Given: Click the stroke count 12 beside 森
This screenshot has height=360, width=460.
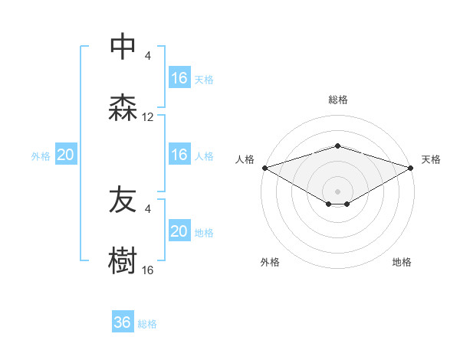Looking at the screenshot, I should [x=148, y=117].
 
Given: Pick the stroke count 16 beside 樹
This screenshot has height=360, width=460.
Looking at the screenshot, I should [x=148, y=270].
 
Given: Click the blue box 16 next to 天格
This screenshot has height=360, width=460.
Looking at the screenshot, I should [x=179, y=78].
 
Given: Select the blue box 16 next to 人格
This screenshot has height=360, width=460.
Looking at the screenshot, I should [x=179, y=155].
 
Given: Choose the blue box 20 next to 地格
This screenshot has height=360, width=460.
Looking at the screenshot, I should [x=179, y=231].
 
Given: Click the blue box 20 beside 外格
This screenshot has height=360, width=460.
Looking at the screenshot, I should [x=66, y=155].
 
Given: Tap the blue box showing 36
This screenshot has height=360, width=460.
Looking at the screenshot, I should [x=123, y=322].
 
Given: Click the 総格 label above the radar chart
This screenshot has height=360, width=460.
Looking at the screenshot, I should [x=337, y=100].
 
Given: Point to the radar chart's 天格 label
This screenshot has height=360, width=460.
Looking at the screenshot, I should [x=432, y=159].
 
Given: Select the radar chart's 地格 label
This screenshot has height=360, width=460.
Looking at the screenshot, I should [x=402, y=262].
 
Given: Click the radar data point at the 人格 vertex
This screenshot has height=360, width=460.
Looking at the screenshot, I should [x=264, y=168].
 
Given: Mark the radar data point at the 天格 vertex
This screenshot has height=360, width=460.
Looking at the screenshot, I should [x=411, y=168].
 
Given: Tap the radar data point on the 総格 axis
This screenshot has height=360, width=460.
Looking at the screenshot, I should [x=337, y=146].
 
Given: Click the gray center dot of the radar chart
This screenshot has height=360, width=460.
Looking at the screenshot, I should [x=337, y=191].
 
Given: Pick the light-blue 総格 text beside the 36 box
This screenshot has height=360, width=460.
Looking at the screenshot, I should [x=147, y=324].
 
